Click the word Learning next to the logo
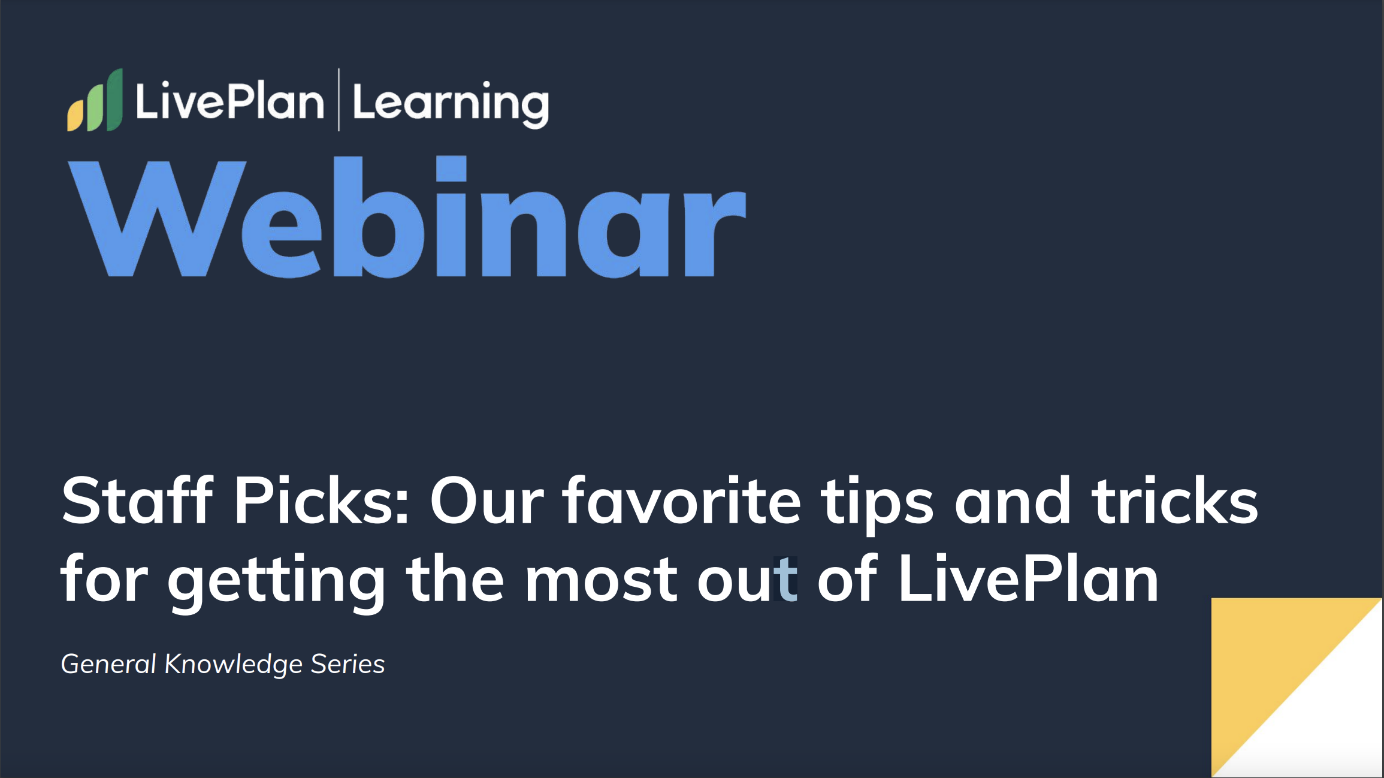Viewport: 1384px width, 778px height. [x=451, y=103]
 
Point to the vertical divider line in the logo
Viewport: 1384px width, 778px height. [x=339, y=99]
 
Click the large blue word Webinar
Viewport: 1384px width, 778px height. [x=407, y=218]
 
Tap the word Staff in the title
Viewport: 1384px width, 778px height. [x=137, y=501]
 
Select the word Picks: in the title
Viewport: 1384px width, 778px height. [x=321, y=501]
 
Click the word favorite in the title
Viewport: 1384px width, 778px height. [x=681, y=501]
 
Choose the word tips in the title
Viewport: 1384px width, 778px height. [x=877, y=503]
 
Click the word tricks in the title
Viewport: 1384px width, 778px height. [x=1174, y=501]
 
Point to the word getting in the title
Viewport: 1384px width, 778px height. [x=276, y=581]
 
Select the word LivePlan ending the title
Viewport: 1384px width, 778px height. [x=1028, y=579]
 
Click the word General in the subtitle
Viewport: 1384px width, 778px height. [x=108, y=664]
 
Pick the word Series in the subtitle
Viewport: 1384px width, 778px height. [x=347, y=664]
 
